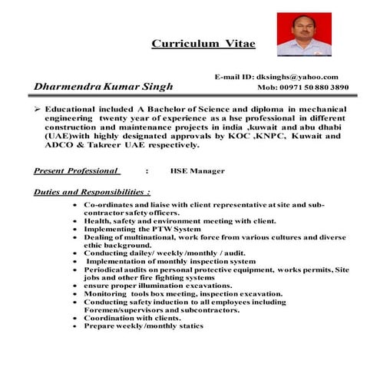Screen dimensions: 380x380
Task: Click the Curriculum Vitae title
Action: (203, 44)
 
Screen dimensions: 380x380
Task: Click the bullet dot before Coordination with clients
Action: (73, 318)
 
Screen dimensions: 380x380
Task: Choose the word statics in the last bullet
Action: (189, 325)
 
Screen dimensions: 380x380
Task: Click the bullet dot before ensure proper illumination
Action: (73, 286)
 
